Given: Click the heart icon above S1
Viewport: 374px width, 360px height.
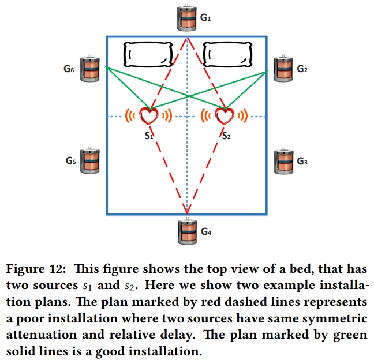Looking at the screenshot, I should click(149, 115).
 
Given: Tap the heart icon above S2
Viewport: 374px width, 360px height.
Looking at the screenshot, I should click(224, 115).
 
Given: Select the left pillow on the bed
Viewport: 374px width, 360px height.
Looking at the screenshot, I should click(148, 55).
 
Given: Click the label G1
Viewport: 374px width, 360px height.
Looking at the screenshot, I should click(205, 18).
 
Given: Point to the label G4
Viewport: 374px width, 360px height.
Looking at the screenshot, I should click(206, 232).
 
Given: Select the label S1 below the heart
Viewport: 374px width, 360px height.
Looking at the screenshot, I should click(149, 136).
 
